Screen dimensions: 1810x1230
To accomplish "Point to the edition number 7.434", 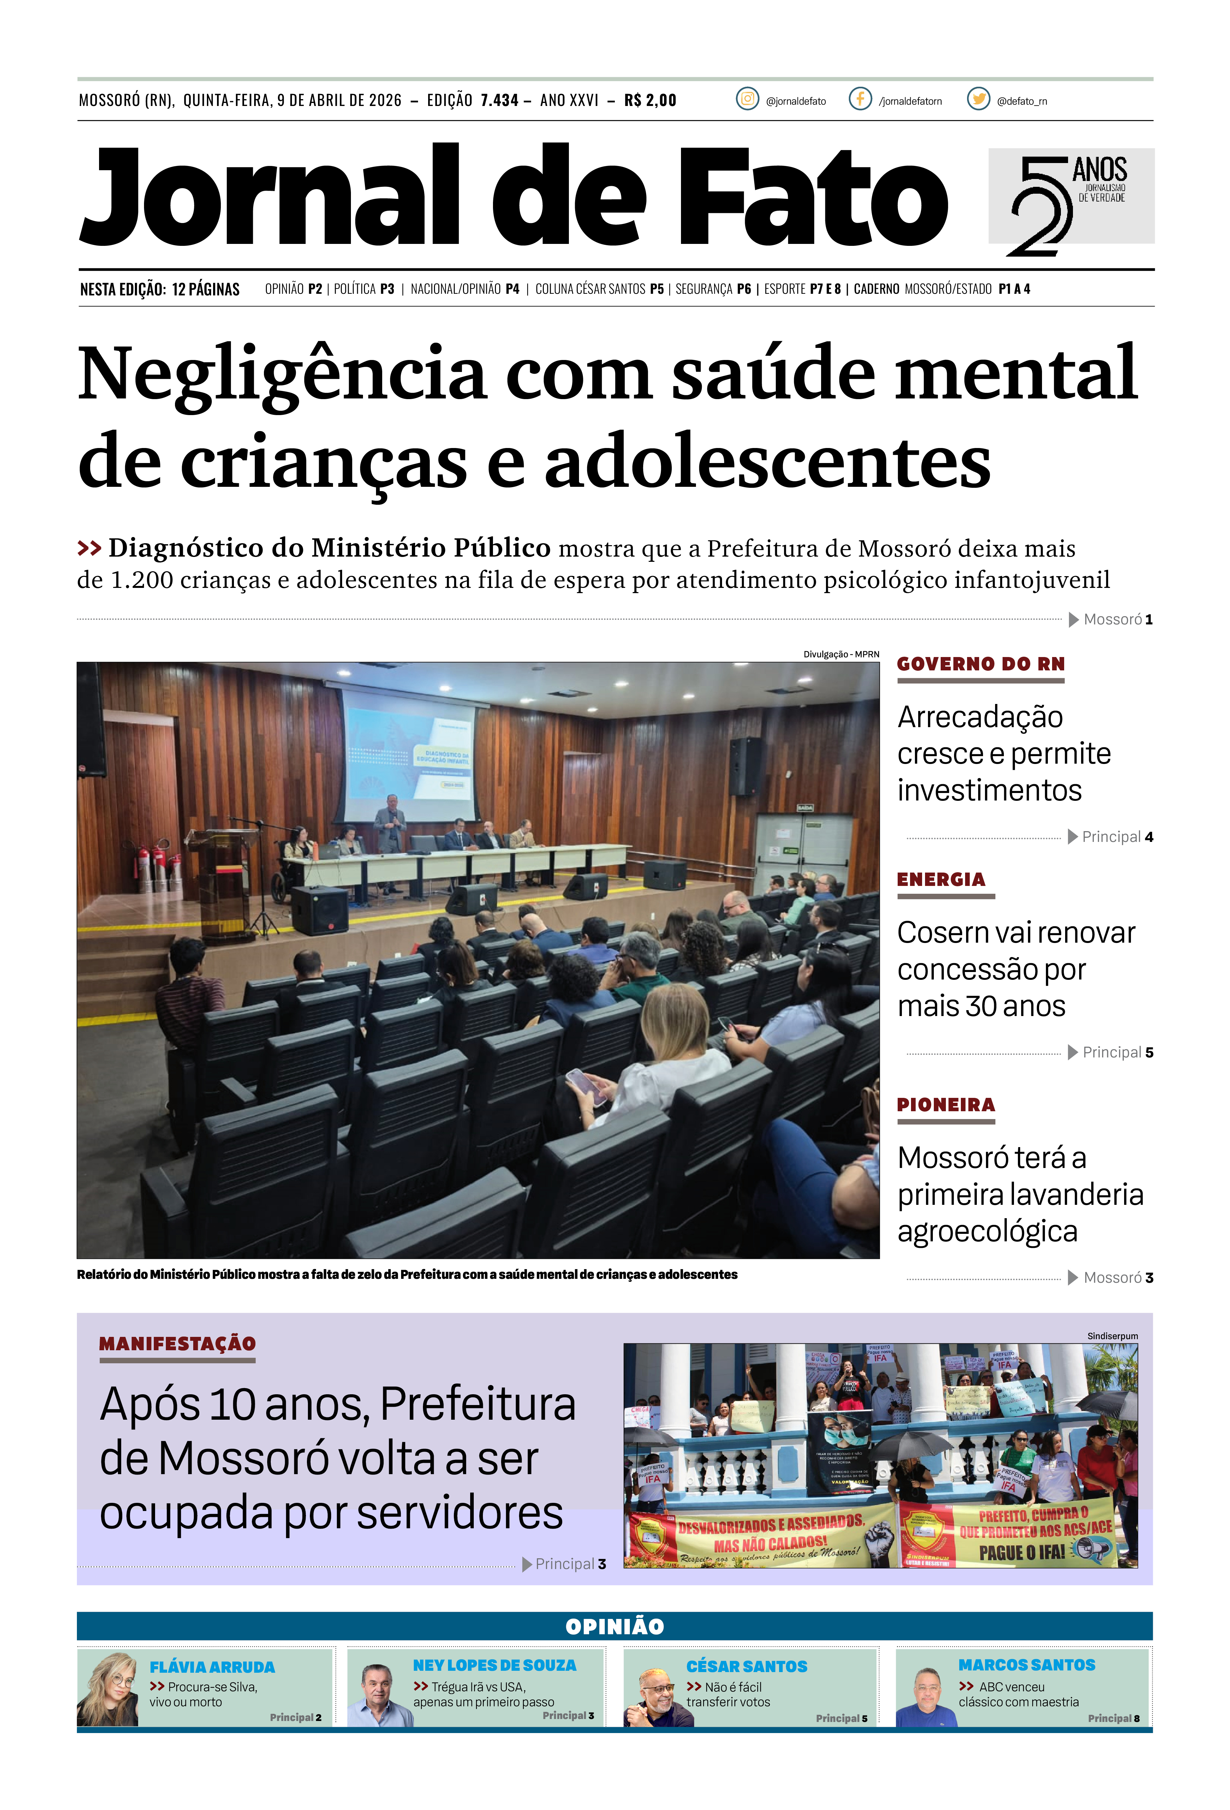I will [x=499, y=100].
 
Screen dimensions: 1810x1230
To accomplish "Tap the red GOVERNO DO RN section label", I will [x=980, y=664].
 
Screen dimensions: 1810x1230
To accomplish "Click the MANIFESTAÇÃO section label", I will [x=178, y=1343].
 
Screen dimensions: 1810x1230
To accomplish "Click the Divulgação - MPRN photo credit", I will [x=841, y=654].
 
